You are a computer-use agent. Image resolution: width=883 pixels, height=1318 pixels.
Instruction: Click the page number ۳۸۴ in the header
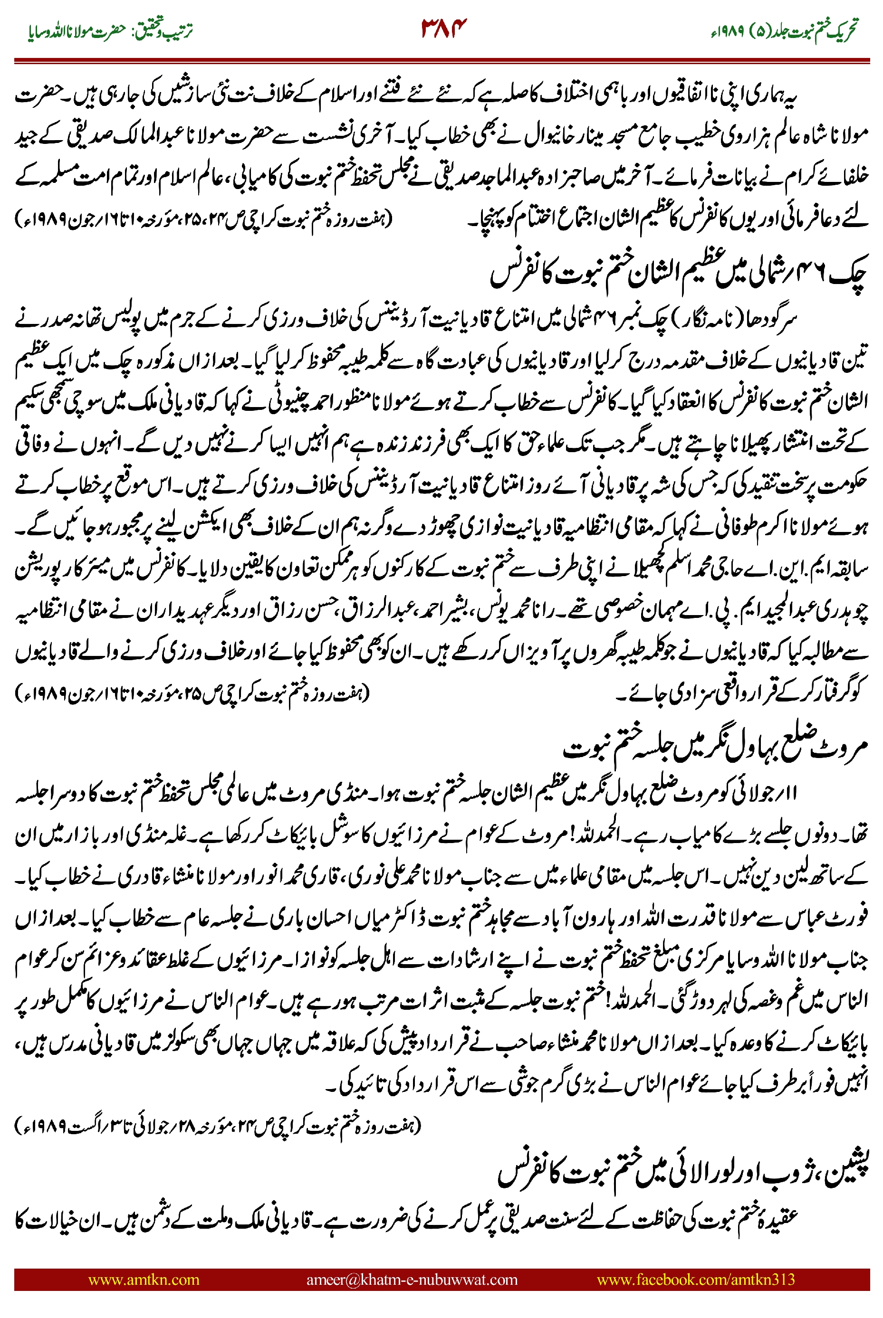[x=444, y=28]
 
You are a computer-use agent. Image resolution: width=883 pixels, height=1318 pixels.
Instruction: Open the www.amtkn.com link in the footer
[x=144, y=1280]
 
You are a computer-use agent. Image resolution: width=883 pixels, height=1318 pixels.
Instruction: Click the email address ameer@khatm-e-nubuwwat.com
[x=412, y=1280]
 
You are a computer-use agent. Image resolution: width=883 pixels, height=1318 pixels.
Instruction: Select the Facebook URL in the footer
[x=695, y=1280]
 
